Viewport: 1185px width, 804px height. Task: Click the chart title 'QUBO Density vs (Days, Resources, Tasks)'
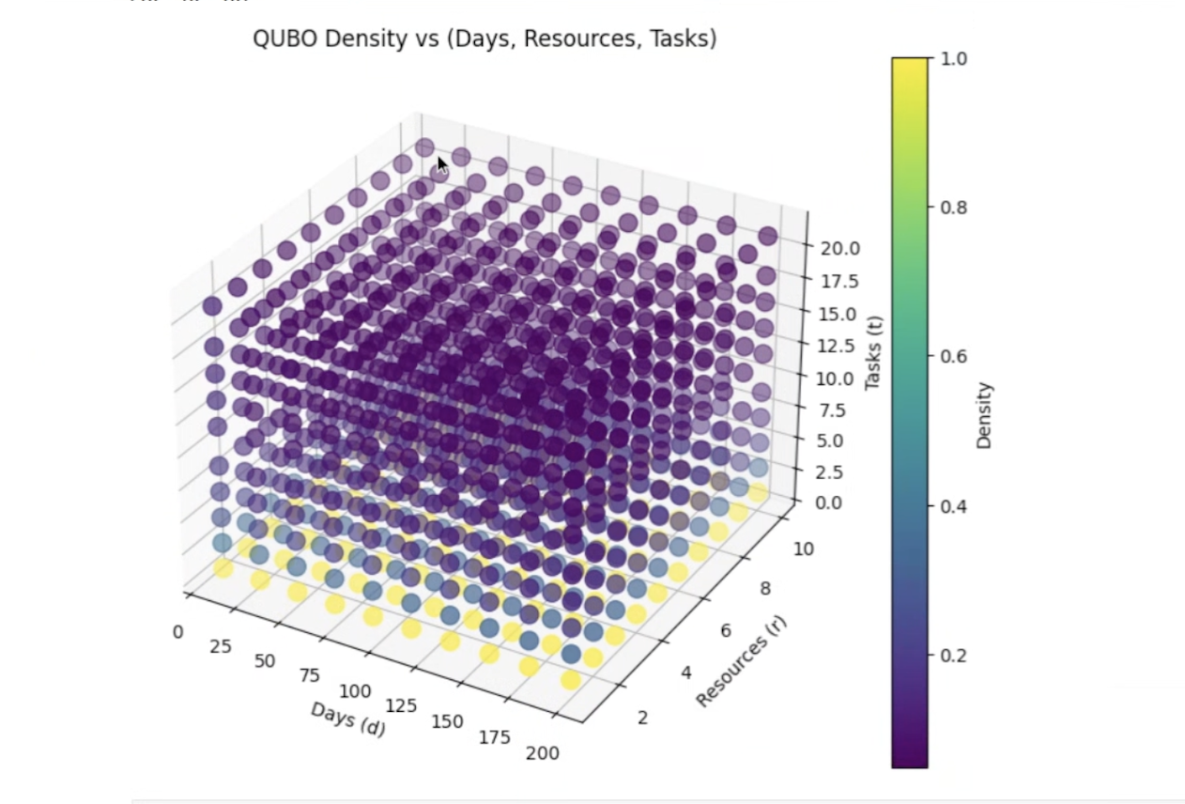coord(485,39)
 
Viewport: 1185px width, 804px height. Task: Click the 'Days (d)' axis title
coord(347,719)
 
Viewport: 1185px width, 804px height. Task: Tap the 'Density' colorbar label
coord(984,414)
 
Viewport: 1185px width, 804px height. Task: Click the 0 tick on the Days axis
coord(177,632)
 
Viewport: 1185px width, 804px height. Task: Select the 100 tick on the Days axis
coord(355,692)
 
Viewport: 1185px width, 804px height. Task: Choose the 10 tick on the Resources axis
coord(803,549)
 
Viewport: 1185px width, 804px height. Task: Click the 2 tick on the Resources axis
coord(643,719)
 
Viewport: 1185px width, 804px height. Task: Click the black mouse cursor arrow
coord(442,165)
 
